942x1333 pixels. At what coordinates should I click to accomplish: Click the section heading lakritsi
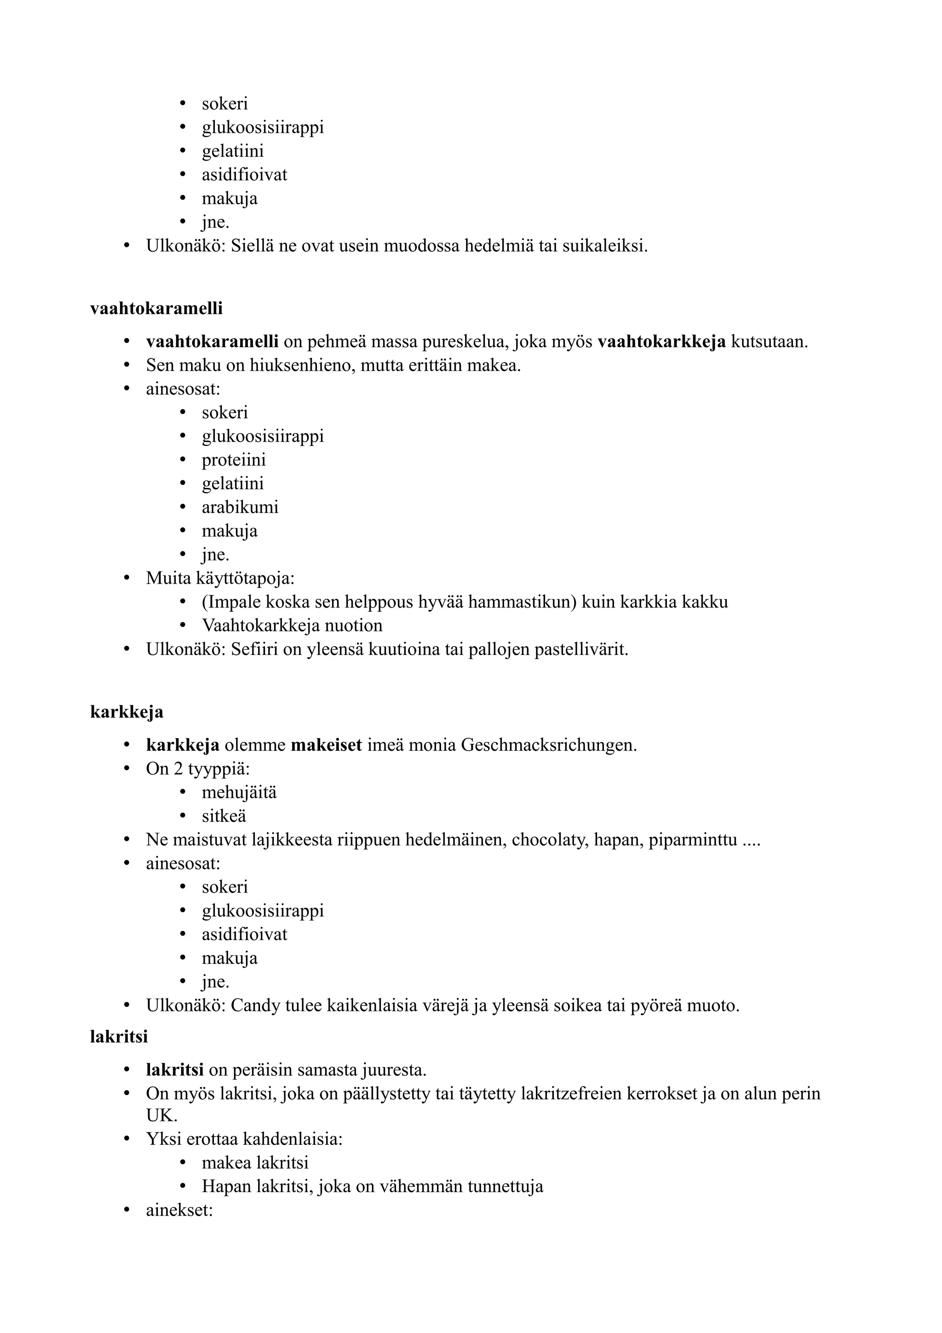point(119,1036)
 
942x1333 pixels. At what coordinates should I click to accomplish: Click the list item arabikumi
point(240,507)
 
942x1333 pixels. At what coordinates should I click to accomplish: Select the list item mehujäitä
point(239,793)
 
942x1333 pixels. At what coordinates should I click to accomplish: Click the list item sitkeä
point(224,816)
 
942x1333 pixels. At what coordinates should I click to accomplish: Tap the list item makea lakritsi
point(255,1163)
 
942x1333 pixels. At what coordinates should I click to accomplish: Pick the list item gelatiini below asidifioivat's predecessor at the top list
point(232,151)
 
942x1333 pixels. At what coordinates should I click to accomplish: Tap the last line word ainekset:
point(179,1211)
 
